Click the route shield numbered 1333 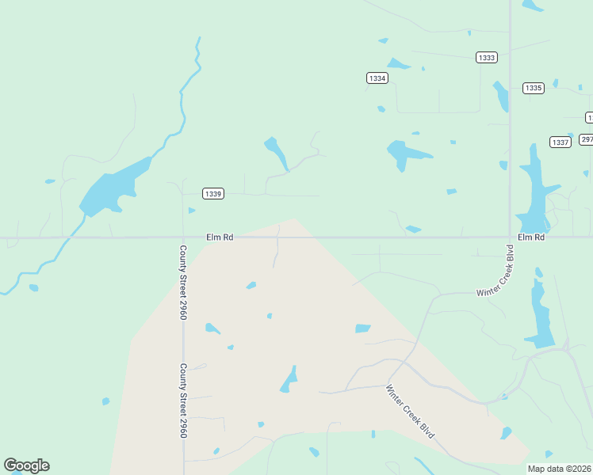(487, 58)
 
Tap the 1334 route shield (377, 78)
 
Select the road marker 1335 (534, 88)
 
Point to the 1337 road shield (560, 142)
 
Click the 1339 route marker (212, 193)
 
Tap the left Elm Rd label (219, 237)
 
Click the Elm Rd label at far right (531, 237)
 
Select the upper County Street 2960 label (183, 282)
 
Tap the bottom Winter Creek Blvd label (411, 412)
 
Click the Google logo (26, 465)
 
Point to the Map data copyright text (559, 469)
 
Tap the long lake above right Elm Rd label (532, 190)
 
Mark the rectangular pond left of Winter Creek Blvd (362, 329)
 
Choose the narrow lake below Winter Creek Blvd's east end (541, 317)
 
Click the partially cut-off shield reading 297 (587, 139)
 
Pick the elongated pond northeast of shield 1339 (277, 153)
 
